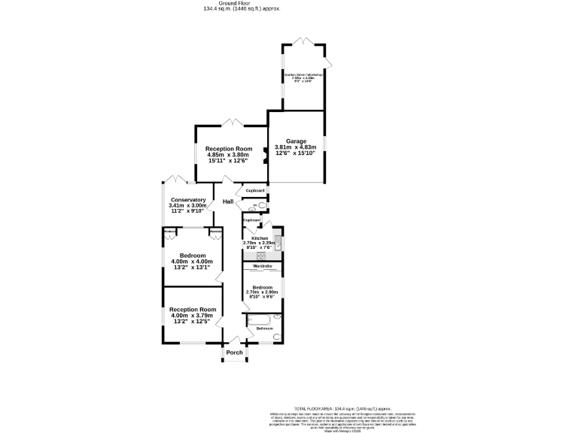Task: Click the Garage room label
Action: (x=296, y=140)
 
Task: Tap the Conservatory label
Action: (x=187, y=200)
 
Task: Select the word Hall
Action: (x=227, y=201)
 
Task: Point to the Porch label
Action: (x=235, y=352)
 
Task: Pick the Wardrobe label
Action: (x=262, y=267)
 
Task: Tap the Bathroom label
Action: (x=264, y=329)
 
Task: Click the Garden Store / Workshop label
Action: (x=303, y=74)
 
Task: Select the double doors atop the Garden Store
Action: (x=303, y=41)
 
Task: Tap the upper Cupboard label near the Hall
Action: (x=255, y=191)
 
